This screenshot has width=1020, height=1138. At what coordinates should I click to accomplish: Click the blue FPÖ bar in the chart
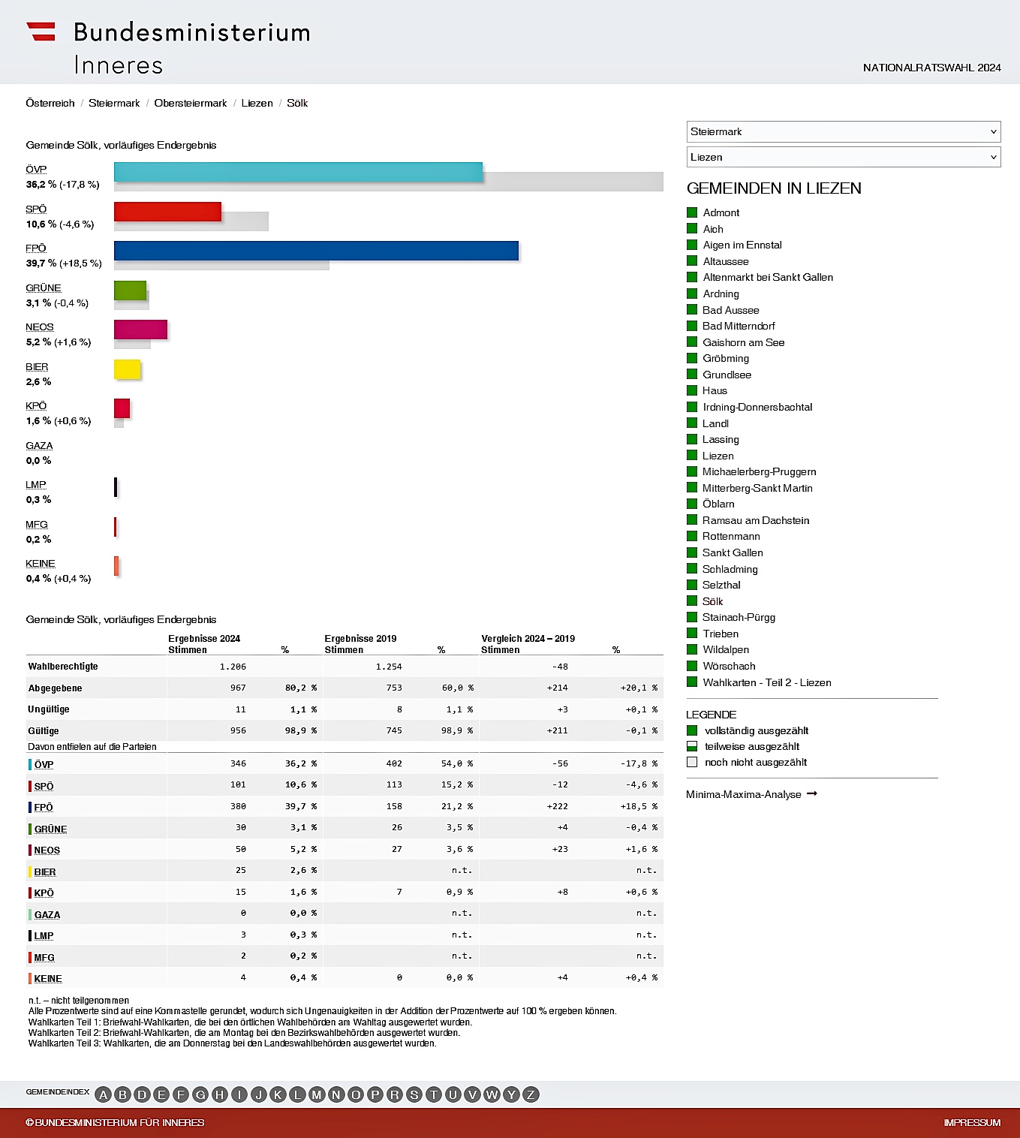tap(316, 251)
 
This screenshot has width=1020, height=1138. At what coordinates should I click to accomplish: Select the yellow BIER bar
tap(127, 369)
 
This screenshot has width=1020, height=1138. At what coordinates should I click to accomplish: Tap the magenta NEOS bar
tap(140, 330)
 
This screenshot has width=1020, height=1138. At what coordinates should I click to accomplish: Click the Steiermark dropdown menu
tap(843, 131)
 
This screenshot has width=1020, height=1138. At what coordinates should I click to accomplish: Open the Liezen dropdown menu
tap(843, 157)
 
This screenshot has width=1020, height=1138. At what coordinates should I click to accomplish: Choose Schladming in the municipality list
tap(730, 569)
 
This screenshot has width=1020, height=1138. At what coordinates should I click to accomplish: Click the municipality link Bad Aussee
tap(730, 310)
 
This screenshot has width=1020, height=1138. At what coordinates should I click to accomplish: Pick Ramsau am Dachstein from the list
tap(755, 520)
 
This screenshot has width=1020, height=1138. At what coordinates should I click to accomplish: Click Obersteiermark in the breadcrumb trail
tap(190, 103)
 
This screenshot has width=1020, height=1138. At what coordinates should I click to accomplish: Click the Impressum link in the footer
tap(972, 1122)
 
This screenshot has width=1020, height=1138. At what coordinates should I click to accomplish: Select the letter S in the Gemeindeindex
tap(414, 1094)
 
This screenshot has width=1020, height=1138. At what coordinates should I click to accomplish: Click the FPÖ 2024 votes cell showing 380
tap(238, 806)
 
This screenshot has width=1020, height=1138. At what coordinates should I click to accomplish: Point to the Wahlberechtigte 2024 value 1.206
tap(233, 667)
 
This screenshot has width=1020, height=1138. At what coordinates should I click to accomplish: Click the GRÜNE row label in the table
tap(50, 829)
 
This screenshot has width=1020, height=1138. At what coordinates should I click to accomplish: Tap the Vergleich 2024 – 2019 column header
tap(528, 639)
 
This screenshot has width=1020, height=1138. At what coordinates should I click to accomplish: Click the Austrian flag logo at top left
tap(41, 32)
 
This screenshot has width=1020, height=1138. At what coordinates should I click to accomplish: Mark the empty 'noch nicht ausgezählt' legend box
tap(692, 762)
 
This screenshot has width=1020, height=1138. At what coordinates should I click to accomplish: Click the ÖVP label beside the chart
tap(36, 169)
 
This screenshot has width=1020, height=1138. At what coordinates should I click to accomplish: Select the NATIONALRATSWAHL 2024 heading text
tap(931, 68)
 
